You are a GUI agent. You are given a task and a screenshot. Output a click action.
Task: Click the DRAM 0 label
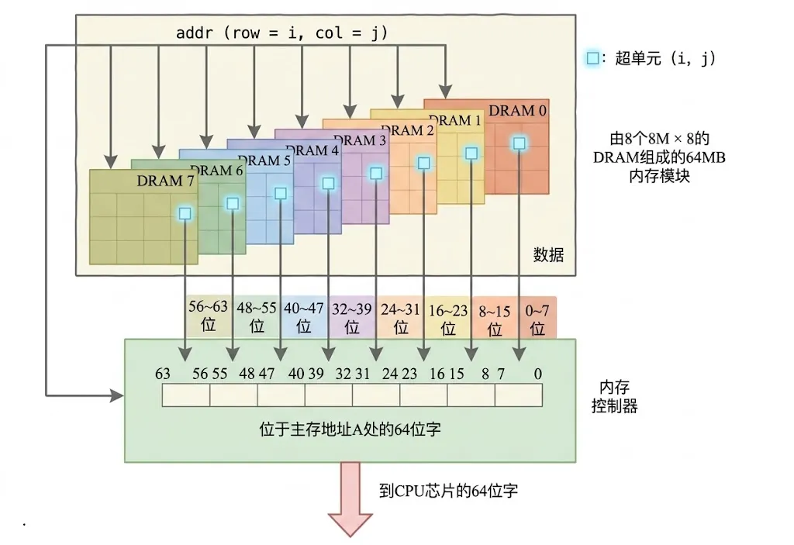[x=517, y=110]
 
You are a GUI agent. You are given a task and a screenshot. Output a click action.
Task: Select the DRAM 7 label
[x=165, y=181]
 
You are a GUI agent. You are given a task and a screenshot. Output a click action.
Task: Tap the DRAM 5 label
[x=264, y=160]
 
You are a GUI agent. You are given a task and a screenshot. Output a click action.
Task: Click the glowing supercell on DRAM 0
[x=519, y=143]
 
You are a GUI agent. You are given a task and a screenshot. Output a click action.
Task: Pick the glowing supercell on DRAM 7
[x=185, y=213]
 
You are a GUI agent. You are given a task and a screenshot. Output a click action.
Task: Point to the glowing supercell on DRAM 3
[x=376, y=174]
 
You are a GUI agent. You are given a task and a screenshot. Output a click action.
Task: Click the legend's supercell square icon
[x=592, y=57]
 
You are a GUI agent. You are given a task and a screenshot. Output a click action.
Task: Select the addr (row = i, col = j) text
[x=281, y=33]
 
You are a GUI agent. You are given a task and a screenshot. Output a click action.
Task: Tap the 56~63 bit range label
[x=208, y=315]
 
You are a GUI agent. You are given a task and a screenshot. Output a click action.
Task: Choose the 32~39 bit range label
[x=351, y=318]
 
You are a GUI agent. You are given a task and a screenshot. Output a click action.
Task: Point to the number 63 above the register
[x=163, y=374]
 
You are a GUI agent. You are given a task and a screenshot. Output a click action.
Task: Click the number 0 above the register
[x=538, y=374]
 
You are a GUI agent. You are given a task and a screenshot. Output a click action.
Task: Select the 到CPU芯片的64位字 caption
[x=449, y=490]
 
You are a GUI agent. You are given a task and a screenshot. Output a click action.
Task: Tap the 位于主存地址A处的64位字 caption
[x=350, y=429]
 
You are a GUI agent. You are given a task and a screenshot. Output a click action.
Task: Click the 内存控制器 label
[x=614, y=397]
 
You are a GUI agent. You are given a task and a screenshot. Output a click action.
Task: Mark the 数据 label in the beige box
[x=548, y=254]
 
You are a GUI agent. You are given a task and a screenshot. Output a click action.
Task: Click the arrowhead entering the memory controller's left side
[x=118, y=395]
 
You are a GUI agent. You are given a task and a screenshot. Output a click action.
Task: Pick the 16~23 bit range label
[x=448, y=319]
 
